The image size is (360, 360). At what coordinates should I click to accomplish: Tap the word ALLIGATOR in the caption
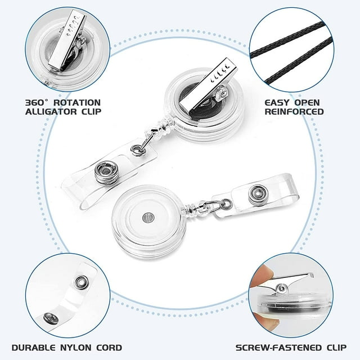[48, 111]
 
